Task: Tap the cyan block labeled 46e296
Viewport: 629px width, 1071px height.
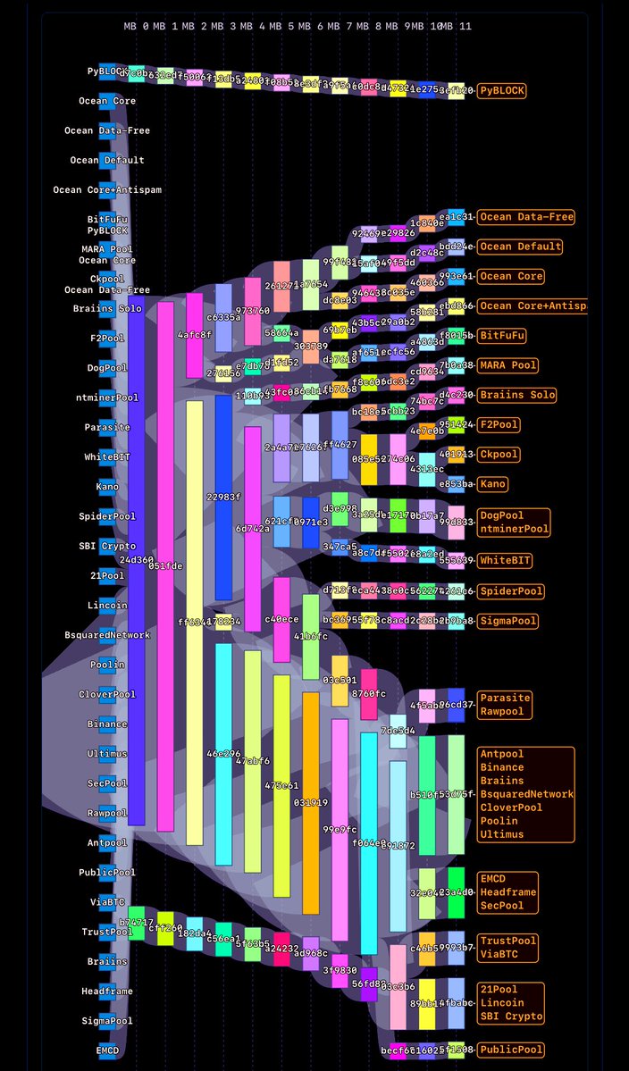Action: [x=223, y=755]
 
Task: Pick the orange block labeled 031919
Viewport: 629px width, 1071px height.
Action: [x=311, y=802]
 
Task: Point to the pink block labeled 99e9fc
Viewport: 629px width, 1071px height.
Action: [x=340, y=828]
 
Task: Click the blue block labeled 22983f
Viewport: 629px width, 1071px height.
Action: [x=223, y=497]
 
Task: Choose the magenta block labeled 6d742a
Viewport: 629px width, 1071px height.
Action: [x=253, y=529]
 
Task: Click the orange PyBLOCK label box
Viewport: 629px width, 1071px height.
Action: [x=501, y=90]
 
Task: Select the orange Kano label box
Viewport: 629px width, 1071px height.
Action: [x=492, y=484]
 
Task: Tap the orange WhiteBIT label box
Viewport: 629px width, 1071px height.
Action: [x=506, y=561]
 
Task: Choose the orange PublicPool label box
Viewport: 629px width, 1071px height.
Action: [x=511, y=1050]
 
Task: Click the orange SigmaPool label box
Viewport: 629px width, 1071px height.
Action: [x=508, y=621]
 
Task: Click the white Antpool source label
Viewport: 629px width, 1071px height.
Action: [x=107, y=842]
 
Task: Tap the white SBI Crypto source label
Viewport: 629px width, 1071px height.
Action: [x=107, y=546]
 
